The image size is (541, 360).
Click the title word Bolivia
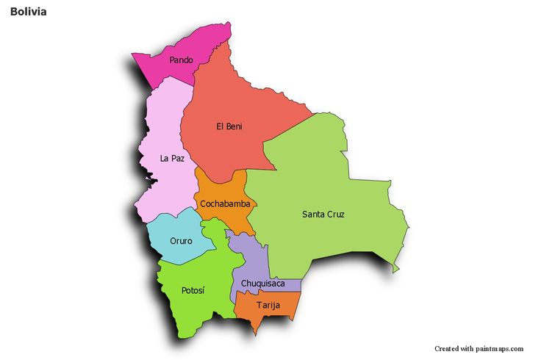pyautogui.click(x=29, y=12)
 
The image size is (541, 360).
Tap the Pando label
pyautogui.click(x=181, y=60)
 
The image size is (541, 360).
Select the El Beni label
pyautogui.click(x=229, y=126)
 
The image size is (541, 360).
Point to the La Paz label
pyautogui.click(x=172, y=158)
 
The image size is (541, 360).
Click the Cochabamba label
pyautogui.click(x=224, y=204)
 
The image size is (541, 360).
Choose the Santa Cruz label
pyautogui.click(x=323, y=215)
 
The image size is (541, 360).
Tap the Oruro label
pyautogui.click(x=181, y=240)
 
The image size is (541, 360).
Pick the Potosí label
pyautogui.click(x=193, y=290)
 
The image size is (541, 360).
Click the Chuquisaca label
pyautogui.click(x=262, y=283)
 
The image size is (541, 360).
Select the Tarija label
pyautogui.click(x=268, y=305)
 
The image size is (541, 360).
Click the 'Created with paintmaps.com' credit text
pyautogui.click(x=479, y=348)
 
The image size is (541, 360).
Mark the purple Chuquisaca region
pyautogui.click(x=246, y=257)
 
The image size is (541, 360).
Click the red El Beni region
pyautogui.click(x=235, y=103)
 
